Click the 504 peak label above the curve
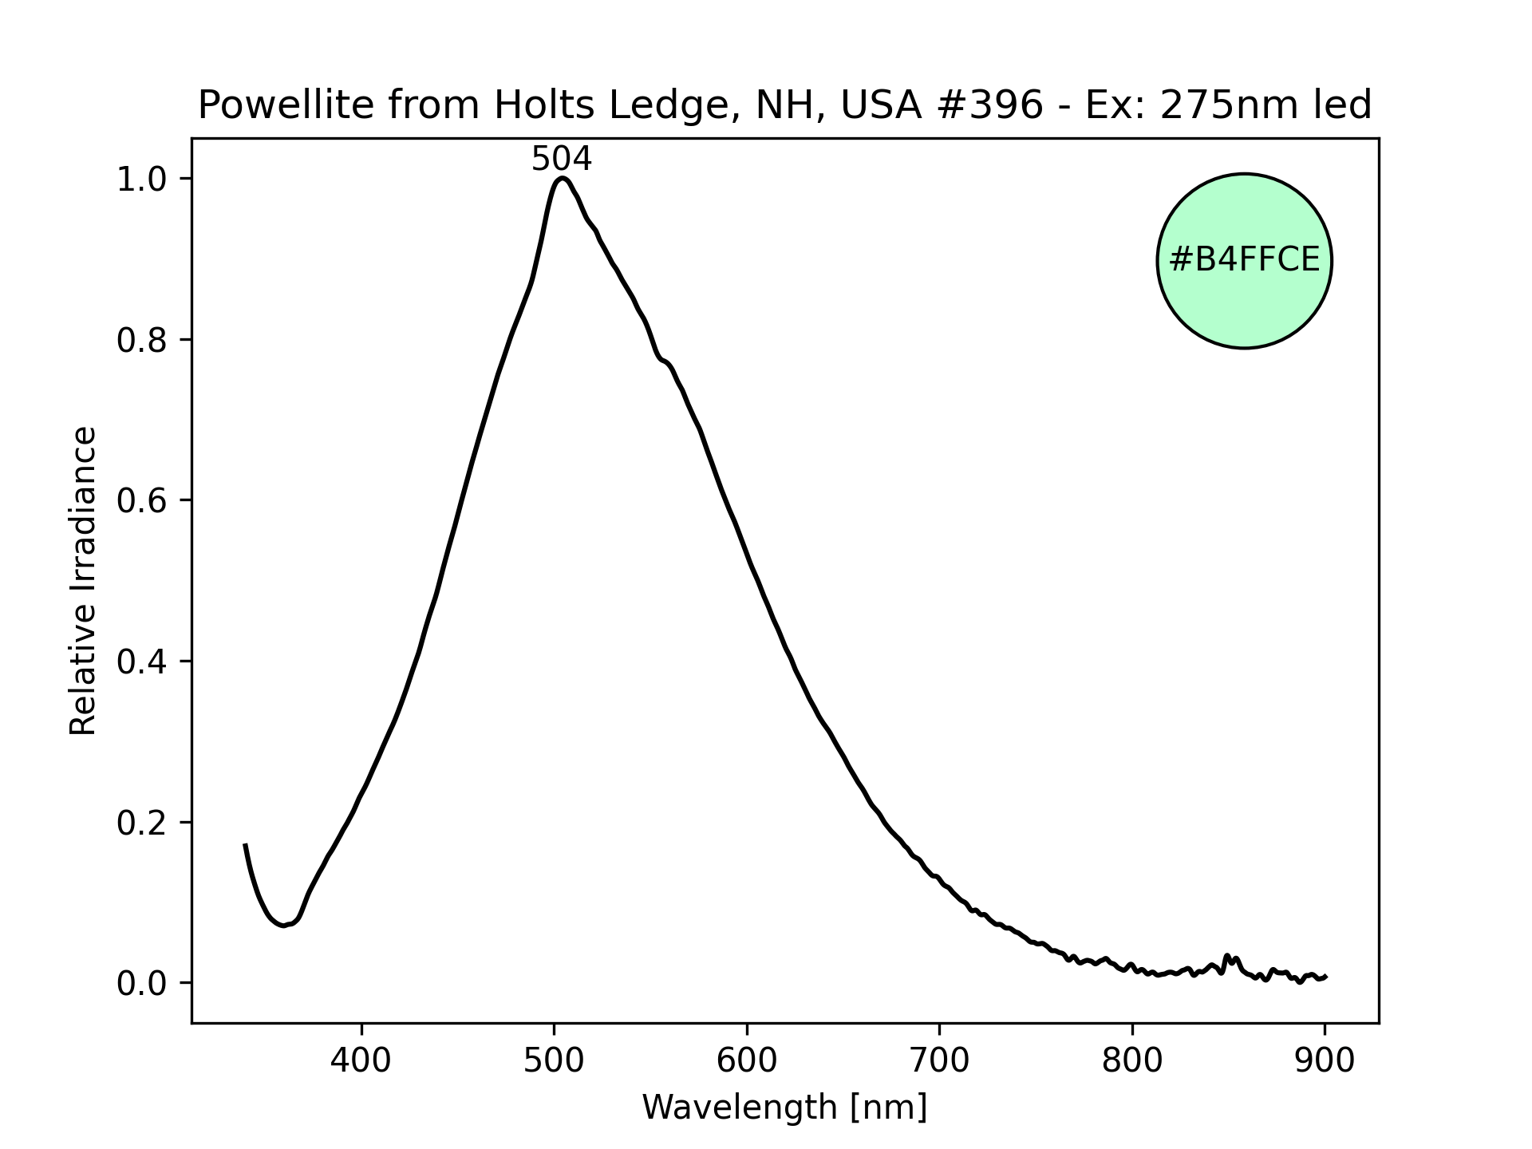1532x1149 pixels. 561,160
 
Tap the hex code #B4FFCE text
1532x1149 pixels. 1244,260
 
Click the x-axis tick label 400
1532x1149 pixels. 361,1060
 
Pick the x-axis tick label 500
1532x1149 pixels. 555,1060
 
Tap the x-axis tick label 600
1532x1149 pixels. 747,1060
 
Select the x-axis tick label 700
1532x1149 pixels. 939,1060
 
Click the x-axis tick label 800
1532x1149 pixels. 1132,1060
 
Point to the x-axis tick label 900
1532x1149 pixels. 1325,1060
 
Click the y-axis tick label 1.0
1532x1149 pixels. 142,179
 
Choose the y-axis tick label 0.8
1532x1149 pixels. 142,340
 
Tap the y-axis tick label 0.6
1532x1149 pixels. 142,500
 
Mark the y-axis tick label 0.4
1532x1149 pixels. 142,661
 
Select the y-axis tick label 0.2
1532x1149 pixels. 142,823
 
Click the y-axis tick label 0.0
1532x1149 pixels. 142,983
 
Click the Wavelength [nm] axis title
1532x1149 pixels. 784,1107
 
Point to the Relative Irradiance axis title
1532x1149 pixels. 83,580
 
